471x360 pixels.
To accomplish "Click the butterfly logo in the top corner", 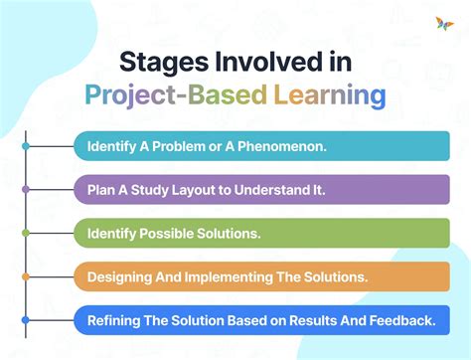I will [x=443, y=23].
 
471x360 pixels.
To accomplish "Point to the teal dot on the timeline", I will [x=26, y=146].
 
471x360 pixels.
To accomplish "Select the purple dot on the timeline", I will [x=26, y=189].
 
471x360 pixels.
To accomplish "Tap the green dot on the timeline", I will [x=26, y=233].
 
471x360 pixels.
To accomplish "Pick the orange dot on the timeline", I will [x=26, y=276].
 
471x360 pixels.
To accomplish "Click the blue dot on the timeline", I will [x=26, y=320].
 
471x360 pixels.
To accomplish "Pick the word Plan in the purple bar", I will [x=100, y=189].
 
